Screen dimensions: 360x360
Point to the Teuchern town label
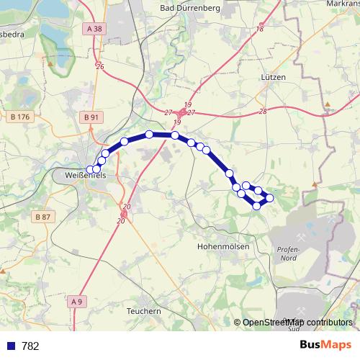tap(143, 311)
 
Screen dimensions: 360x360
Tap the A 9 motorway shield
tap(78, 302)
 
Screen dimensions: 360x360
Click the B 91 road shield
tap(91, 117)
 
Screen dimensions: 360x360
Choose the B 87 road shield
tap(42, 216)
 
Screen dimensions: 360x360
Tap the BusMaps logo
tap(325, 345)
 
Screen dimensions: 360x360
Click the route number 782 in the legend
tap(30, 346)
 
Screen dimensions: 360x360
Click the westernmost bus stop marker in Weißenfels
tap(90, 170)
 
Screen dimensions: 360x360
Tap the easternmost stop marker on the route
tap(270, 197)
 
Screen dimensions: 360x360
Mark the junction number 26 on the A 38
tap(100, 66)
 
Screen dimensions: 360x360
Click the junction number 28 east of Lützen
tap(262, 111)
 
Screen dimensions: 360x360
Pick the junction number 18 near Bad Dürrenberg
tap(259, 29)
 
